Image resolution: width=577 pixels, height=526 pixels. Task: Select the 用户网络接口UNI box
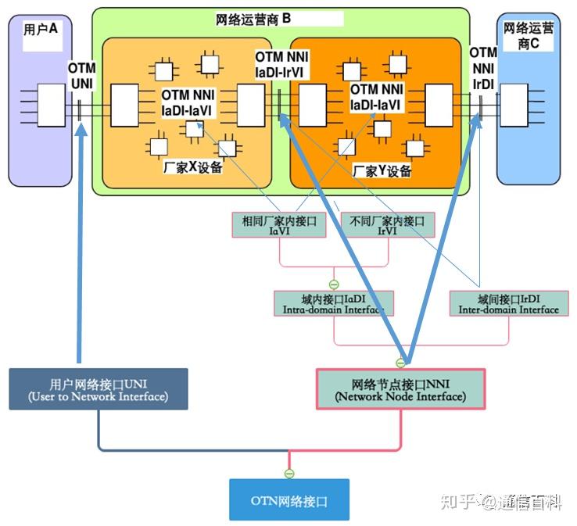pos(99,389)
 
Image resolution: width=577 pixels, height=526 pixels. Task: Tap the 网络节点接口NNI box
pos(400,389)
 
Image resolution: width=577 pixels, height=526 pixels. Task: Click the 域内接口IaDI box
pos(333,304)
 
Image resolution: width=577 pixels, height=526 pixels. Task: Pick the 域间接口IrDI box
pos(508,304)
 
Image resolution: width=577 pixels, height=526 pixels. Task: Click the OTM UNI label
pos(81,76)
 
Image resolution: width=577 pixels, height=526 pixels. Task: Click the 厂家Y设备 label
pos(382,170)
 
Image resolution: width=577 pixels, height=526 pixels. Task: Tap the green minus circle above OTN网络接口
pos(289,474)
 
